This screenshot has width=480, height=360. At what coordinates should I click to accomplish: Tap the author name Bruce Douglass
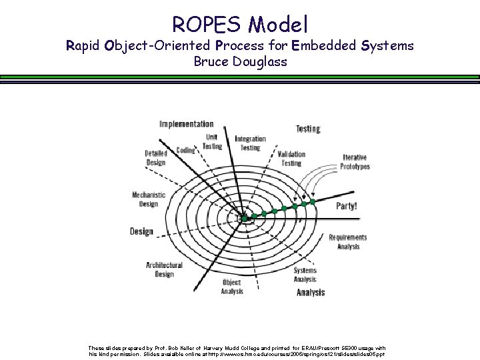click(x=240, y=62)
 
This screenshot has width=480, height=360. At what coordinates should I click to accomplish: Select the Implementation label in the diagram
click(x=187, y=124)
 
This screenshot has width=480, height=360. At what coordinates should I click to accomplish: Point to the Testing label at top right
click(x=308, y=128)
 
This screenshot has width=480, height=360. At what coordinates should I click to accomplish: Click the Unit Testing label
click(x=212, y=141)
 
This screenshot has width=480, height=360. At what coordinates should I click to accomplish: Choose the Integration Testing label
click(x=250, y=143)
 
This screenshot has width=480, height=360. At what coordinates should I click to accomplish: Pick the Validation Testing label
click(x=291, y=158)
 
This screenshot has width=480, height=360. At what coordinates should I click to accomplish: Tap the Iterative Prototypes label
click(x=355, y=162)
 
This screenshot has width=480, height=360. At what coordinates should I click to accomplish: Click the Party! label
click(x=346, y=206)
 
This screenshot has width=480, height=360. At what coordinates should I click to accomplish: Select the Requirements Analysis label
click(x=347, y=242)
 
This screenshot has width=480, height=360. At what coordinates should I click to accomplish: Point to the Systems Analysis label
click(x=305, y=275)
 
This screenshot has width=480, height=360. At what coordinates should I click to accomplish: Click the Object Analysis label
click(x=232, y=287)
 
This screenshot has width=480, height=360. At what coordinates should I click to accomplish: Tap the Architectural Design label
click(x=164, y=269)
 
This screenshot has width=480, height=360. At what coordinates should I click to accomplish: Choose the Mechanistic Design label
click(x=149, y=199)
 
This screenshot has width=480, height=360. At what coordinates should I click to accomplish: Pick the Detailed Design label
click(x=155, y=157)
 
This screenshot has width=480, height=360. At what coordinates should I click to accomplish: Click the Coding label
click(x=185, y=151)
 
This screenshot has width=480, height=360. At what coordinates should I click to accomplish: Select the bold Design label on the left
click(x=141, y=231)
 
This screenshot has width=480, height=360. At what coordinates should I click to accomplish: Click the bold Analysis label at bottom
click(x=311, y=293)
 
